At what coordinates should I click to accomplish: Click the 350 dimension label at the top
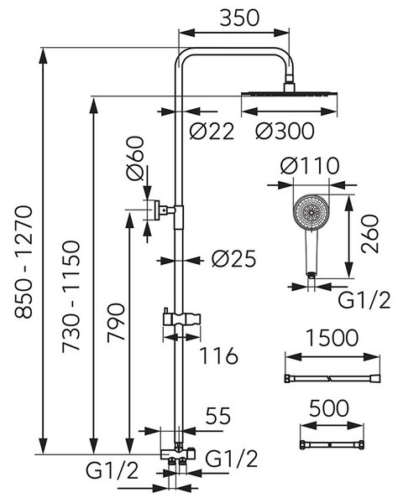(239, 18)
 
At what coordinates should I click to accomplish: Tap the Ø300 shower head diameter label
(285, 131)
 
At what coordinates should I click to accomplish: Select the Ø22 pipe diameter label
(212, 131)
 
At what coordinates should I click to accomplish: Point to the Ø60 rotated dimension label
(134, 158)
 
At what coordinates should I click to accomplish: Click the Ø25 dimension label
(234, 258)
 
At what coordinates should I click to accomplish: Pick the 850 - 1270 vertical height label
(24, 262)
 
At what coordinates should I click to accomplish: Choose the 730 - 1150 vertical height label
(71, 297)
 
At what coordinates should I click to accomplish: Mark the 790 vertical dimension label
(116, 323)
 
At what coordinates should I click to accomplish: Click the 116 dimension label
(219, 355)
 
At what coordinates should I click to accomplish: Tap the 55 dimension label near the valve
(218, 416)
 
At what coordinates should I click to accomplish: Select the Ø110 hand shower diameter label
(310, 165)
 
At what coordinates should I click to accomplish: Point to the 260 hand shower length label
(369, 234)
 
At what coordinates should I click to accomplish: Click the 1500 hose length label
(332, 338)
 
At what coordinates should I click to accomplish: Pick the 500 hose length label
(329, 408)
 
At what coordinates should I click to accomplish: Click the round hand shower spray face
(311, 212)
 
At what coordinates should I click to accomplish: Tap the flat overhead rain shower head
(289, 94)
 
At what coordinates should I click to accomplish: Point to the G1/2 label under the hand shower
(364, 300)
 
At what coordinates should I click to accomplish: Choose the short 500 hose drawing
(332, 445)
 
